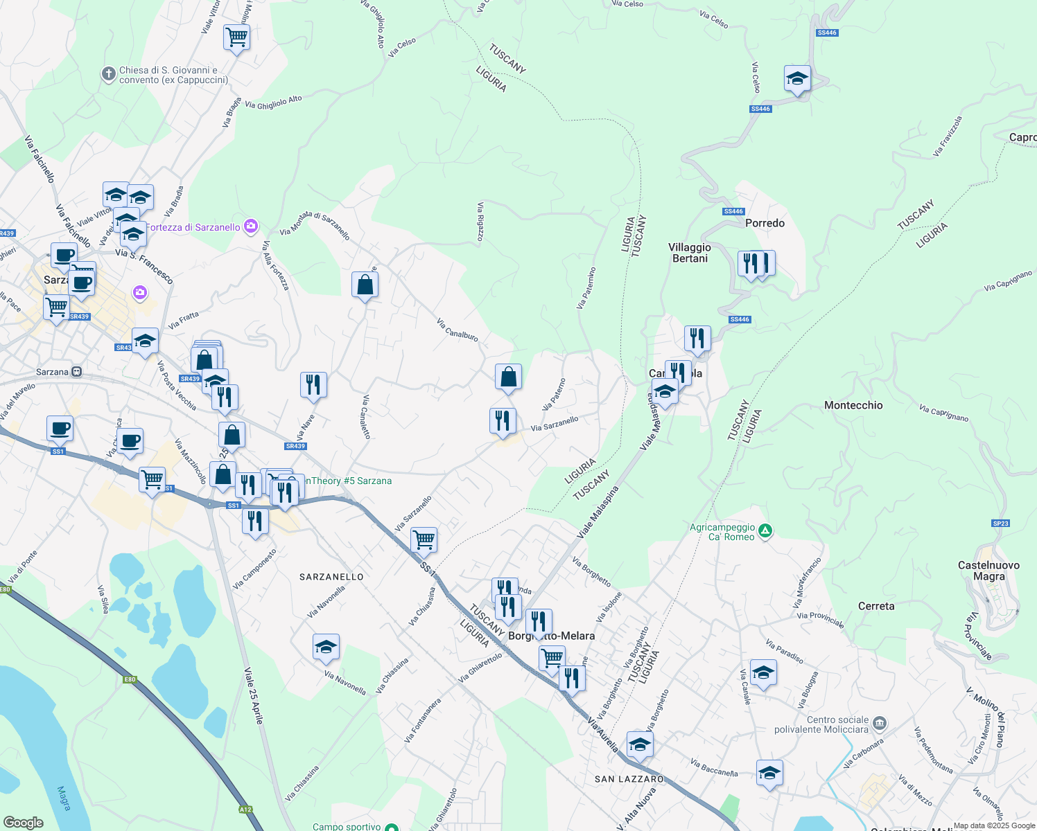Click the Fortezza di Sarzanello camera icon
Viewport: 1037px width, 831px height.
tap(251, 226)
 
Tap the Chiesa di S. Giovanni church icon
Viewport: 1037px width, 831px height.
tap(108, 74)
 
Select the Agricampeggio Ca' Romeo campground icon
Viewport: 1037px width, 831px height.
tap(765, 531)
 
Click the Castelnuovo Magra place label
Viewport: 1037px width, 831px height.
tap(988, 571)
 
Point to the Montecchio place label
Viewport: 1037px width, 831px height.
tap(853, 405)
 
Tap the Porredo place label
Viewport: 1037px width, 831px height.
tap(765, 223)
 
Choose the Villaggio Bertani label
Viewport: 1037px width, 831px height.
tap(690, 253)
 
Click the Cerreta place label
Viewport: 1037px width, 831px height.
tap(876, 606)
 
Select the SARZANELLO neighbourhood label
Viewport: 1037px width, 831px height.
tap(331, 577)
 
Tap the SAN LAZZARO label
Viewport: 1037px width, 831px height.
tap(629, 779)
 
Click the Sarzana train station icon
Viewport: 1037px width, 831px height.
tap(77, 372)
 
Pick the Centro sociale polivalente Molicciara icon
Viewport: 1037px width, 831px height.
tap(880, 724)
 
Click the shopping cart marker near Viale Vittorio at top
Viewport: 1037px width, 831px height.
tap(236, 37)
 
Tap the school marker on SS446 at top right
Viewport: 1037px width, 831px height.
tap(797, 78)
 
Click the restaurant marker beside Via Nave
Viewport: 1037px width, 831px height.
tap(313, 384)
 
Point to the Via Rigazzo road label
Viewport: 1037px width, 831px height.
tap(480, 222)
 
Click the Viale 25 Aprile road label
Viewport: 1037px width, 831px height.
tap(254, 695)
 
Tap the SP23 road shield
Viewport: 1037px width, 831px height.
tap(1000, 524)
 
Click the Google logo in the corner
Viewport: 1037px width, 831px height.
tap(24, 822)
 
